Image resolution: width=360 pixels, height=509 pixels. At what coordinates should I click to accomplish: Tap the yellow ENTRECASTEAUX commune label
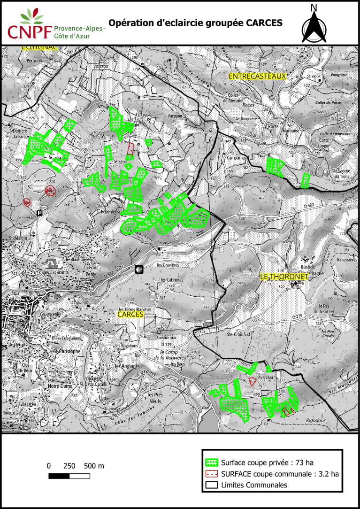click(x=257, y=76)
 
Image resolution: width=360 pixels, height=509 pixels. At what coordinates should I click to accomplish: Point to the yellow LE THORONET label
click(x=283, y=277)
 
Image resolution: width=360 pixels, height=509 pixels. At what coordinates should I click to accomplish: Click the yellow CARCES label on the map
click(x=130, y=314)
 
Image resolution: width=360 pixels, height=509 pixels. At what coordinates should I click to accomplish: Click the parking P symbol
click(x=39, y=213)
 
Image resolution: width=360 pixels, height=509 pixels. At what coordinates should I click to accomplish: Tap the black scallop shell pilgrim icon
click(x=139, y=269)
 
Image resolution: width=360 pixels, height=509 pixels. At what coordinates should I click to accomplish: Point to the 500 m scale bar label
click(x=94, y=466)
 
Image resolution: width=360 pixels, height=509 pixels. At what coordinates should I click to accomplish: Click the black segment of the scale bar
click(x=59, y=477)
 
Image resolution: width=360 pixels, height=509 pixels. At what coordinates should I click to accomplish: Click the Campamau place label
click(x=237, y=158)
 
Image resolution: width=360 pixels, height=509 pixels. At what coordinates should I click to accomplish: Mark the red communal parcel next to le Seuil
click(x=130, y=149)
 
